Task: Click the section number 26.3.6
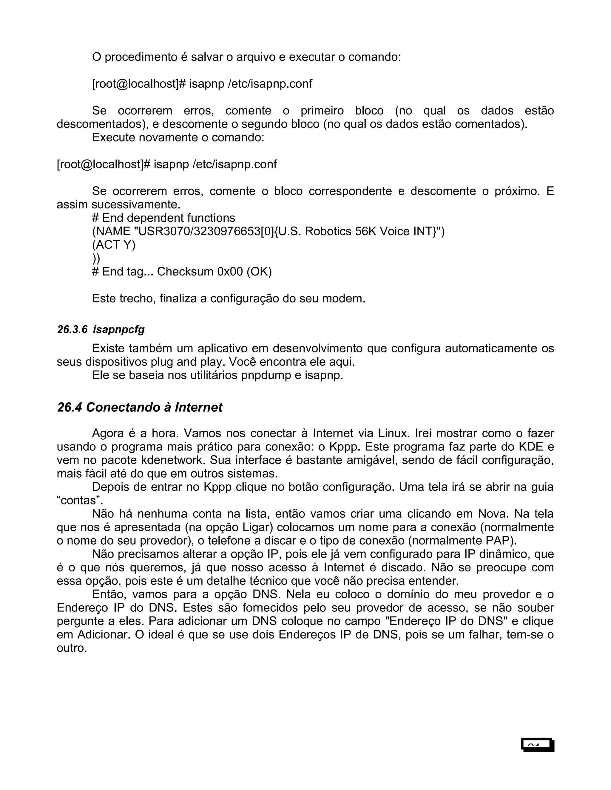point(72,329)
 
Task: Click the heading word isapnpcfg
point(119,329)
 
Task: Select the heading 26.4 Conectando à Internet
point(140,407)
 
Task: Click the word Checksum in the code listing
point(185,271)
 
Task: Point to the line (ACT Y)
point(114,245)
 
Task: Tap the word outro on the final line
point(71,648)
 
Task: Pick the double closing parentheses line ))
point(96,258)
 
